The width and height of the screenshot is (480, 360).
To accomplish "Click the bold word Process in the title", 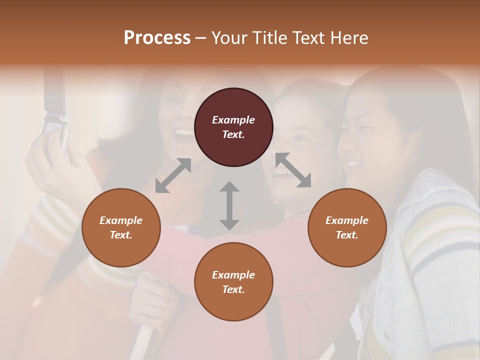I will [x=157, y=38].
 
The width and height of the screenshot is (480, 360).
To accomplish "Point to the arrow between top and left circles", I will [x=173, y=175].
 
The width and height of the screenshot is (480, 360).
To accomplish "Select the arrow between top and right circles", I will [x=293, y=170].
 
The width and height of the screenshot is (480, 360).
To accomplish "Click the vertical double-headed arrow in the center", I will [x=229, y=205].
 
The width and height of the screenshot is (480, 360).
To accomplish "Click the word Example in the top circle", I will [x=233, y=120].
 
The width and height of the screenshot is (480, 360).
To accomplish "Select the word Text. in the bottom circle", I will [x=233, y=289].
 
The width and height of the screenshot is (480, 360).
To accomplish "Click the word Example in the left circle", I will [x=121, y=220].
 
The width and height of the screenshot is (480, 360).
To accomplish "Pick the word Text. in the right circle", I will [x=347, y=235].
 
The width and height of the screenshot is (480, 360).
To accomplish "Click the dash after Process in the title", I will [x=201, y=38].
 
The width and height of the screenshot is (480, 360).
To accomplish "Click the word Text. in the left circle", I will [x=121, y=235].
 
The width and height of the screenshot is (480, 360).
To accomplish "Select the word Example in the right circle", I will [x=347, y=220].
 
